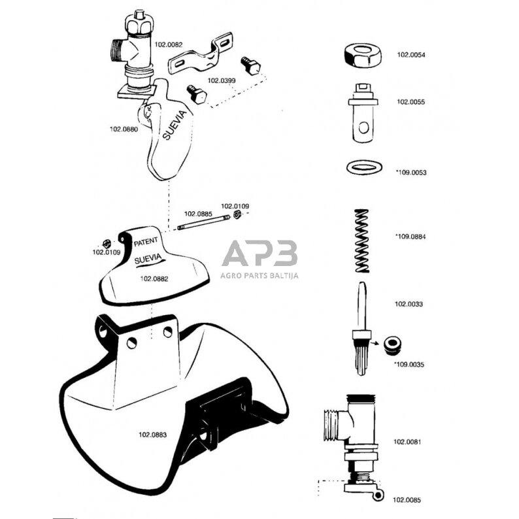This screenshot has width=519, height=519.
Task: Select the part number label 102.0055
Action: [410, 102]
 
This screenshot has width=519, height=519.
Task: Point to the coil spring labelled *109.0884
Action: [362, 240]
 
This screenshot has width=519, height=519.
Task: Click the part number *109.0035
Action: [410, 365]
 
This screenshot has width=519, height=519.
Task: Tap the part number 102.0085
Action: [407, 500]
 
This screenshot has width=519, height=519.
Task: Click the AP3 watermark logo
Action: [259, 254]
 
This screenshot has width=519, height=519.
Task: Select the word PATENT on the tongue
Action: [145, 242]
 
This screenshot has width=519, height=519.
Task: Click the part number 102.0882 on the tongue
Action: [154, 278]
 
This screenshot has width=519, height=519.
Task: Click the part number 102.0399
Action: [222, 81]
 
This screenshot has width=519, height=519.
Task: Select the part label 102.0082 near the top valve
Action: [168, 44]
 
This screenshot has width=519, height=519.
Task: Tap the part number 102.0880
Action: [124, 129]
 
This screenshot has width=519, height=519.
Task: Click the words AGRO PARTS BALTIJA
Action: [259, 275]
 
